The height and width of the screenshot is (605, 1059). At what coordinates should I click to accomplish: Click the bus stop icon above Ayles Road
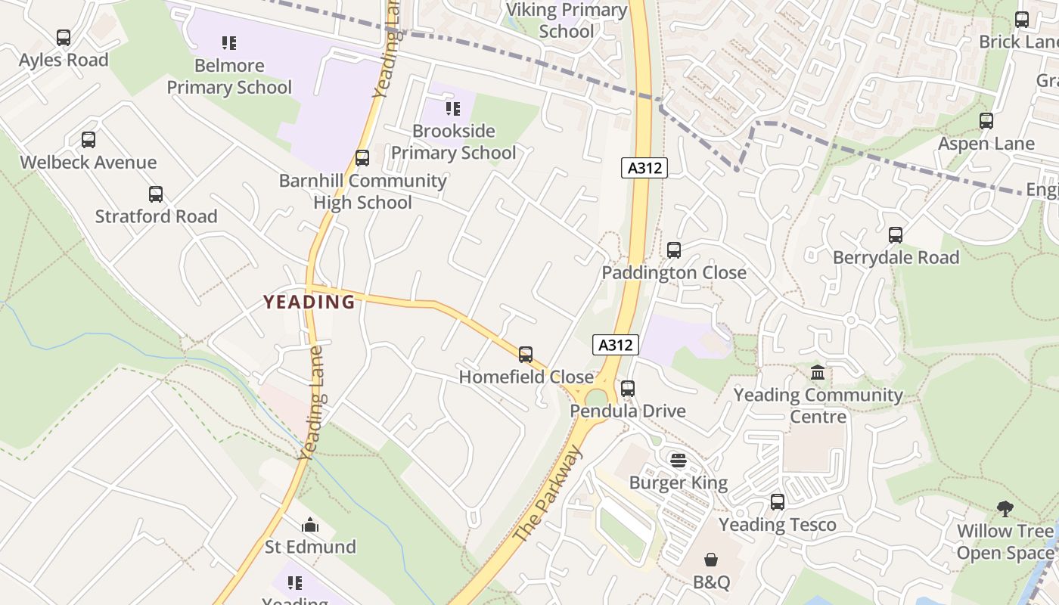pyautogui.click(x=64, y=38)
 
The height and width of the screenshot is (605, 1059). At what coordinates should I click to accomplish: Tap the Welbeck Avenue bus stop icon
pyautogui.click(x=89, y=140)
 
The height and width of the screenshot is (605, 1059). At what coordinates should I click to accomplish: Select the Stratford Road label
pyautogui.click(x=156, y=216)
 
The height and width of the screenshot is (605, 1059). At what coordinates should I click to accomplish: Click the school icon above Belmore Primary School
pyautogui.click(x=229, y=43)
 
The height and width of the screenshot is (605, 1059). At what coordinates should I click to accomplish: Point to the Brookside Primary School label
pyautogui.click(x=453, y=141)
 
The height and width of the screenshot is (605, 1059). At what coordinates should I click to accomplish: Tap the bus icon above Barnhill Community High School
pyautogui.click(x=362, y=158)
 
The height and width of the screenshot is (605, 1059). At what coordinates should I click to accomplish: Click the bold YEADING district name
pyautogui.click(x=309, y=302)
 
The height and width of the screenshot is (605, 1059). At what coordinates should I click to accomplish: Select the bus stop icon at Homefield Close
pyautogui.click(x=526, y=354)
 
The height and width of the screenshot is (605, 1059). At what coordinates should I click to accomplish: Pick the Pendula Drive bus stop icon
pyautogui.click(x=628, y=389)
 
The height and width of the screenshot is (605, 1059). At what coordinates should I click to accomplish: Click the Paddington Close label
pyautogui.click(x=673, y=272)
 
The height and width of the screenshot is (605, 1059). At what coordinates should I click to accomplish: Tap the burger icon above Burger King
pyautogui.click(x=679, y=460)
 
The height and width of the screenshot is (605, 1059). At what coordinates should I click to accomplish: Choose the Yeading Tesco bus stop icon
pyautogui.click(x=778, y=501)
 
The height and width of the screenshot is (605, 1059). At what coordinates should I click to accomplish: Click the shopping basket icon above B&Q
pyautogui.click(x=711, y=560)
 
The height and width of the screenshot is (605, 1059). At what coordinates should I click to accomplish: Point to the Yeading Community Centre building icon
pyautogui.click(x=818, y=373)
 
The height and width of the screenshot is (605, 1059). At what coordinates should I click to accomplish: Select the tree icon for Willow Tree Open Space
pyautogui.click(x=1005, y=508)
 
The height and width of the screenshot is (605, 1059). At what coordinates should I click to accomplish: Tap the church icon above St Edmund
pyautogui.click(x=310, y=525)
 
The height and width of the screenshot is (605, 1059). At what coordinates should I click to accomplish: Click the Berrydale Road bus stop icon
pyautogui.click(x=896, y=235)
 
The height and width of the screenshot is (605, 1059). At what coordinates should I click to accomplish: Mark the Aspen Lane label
pyautogui.click(x=986, y=144)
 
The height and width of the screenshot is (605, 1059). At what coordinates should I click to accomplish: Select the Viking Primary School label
pyautogui.click(x=567, y=20)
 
